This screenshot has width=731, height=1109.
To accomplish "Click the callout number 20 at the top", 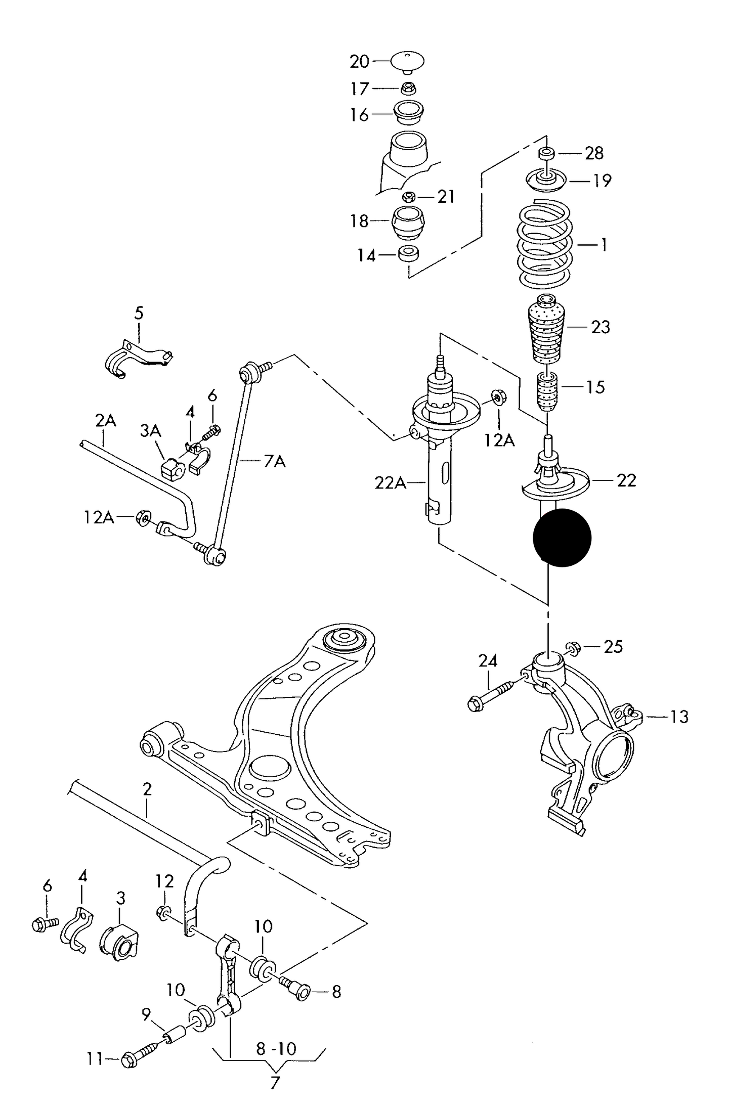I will pos(360,62).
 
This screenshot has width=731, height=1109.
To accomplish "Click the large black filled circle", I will pos(562,538).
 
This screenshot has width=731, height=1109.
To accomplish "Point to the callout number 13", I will pos(679,717).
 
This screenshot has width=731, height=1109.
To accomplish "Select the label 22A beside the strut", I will pos(390,483).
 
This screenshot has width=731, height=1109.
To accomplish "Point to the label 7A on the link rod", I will pos(274,461).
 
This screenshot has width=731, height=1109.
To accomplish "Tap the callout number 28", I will pos(594,153).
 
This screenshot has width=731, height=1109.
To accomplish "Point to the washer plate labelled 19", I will pos(545,181).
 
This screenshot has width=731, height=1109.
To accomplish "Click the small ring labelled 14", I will pos(408,254).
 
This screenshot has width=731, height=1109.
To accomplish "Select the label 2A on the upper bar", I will pos(105,420).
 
